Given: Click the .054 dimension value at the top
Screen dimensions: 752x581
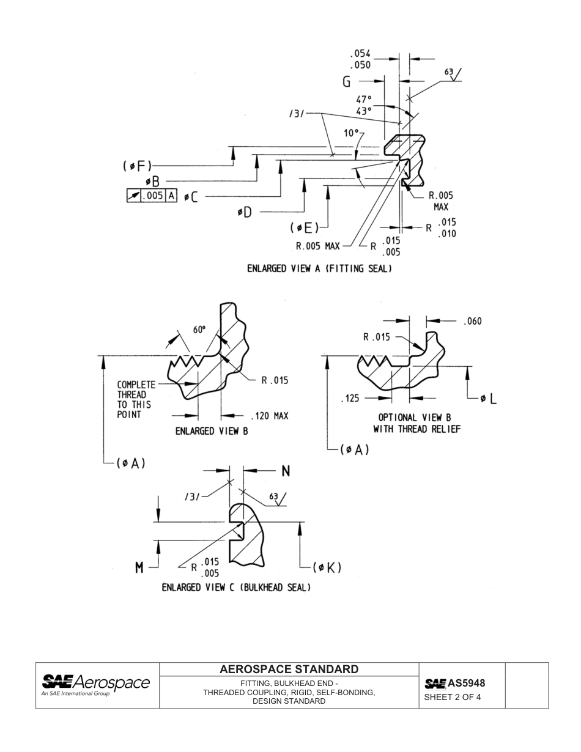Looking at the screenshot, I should pos(360,54).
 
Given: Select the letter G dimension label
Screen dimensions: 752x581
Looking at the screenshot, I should pos(346,82).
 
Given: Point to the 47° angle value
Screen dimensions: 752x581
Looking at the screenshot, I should pos(364,99).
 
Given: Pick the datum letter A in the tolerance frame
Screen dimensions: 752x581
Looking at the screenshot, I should pos(171,196).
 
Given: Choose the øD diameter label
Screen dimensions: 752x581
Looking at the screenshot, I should pos(244,212).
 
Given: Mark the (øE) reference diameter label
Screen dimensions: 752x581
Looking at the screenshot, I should pos(305,227).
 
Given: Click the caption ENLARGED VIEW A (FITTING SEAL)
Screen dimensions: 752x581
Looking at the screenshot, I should pos(319,268).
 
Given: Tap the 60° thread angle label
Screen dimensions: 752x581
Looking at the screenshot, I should pos(200,330).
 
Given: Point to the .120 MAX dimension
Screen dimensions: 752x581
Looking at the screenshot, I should pos(270,416).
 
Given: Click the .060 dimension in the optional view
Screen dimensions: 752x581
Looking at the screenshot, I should pos(473,321).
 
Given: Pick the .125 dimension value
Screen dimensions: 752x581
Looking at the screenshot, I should pos(350,399).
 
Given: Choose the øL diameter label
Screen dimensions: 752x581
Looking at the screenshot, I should pos(488,399).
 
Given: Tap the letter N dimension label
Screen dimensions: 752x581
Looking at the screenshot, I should pos(286,471).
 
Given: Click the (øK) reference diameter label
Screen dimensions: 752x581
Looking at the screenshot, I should pos(327,567).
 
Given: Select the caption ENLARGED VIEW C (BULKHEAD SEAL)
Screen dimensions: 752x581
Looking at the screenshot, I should pos(236,588).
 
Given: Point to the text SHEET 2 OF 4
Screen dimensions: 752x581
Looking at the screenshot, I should pos(453,697).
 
